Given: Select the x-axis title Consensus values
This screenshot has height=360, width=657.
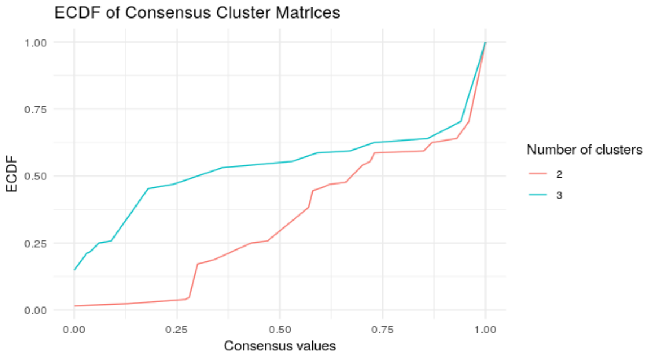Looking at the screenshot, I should (279, 346).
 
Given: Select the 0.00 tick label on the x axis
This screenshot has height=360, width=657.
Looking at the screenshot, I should (74, 328).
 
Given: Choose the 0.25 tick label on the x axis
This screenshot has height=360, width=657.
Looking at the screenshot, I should (177, 328).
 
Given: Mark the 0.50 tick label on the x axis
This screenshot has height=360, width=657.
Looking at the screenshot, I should (279, 328).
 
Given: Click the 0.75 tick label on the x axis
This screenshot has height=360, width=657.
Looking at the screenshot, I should (382, 328).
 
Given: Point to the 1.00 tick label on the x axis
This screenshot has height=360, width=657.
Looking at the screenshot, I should (485, 328).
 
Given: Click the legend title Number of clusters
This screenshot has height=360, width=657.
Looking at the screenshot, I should (584, 150).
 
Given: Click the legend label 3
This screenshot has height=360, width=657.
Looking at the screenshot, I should (559, 195).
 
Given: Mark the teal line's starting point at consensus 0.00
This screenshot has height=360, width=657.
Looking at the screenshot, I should (74, 270).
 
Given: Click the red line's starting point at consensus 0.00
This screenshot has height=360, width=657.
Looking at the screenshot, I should (74, 306).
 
